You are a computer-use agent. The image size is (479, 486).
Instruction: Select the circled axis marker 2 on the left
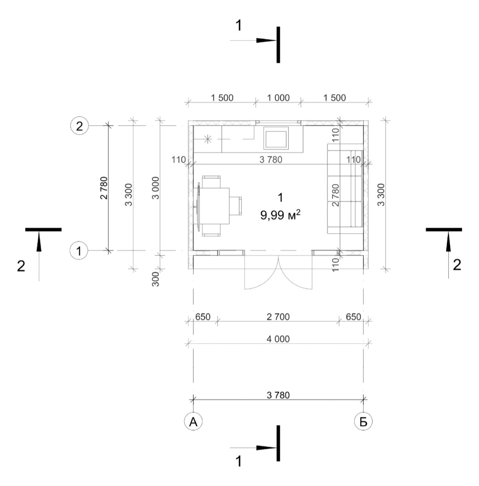click(x=79, y=126)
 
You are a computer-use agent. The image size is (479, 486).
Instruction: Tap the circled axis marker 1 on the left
click(x=79, y=251)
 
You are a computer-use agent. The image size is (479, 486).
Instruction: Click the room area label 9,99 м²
click(x=280, y=215)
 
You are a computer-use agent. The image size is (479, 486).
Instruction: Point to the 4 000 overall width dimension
click(x=278, y=339)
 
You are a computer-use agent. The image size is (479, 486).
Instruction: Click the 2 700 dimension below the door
click(x=278, y=317)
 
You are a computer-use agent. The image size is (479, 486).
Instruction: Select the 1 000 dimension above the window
click(x=278, y=98)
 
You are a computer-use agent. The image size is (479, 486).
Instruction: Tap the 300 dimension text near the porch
click(x=156, y=279)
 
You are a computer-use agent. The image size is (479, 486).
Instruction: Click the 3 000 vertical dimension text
click(x=156, y=188)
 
